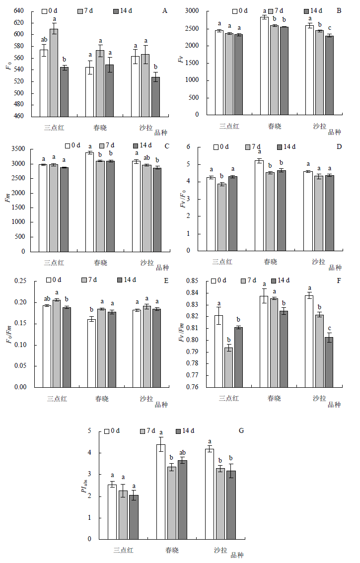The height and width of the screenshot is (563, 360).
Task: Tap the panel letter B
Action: [339, 10]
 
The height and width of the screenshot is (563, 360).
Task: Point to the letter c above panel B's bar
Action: [329, 28]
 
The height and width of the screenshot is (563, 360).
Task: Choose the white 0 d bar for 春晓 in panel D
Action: [259, 206]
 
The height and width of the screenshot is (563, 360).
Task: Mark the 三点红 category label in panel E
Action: [57, 398]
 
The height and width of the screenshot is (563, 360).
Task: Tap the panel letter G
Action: [241, 431]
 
